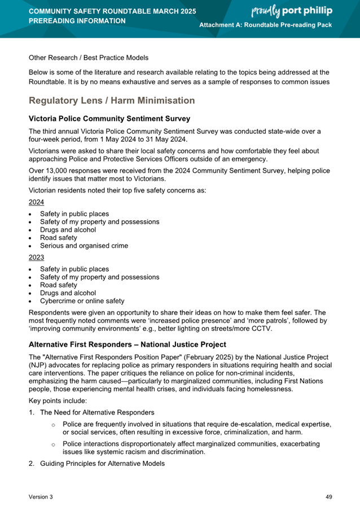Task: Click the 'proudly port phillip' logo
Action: pyautogui.click(x=291, y=11)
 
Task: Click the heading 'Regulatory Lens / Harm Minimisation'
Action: pyautogui.click(x=112, y=101)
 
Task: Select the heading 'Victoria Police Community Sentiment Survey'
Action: pyautogui.click(x=109, y=119)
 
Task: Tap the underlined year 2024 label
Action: pyautogui.click(x=36, y=202)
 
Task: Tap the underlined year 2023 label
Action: pyautogui.click(x=36, y=257)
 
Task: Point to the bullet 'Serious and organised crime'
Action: pyautogui.click(x=84, y=246)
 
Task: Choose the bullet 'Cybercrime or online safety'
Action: pyautogui.click(x=82, y=301)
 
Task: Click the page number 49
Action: pyautogui.click(x=329, y=496)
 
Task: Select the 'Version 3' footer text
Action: pyautogui.click(x=42, y=496)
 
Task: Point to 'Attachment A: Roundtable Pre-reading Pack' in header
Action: pyautogui.click(x=266, y=26)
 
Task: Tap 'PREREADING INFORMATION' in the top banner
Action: pyautogui.click(x=77, y=21)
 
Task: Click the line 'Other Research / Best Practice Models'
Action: pyautogui.click(x=89, y=58)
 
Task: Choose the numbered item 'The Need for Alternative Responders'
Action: pyautogui.click(x=97, y=412)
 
